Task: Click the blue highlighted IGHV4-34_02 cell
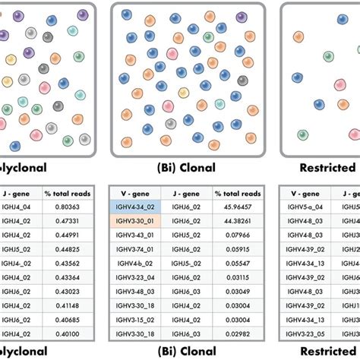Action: [x=134, y=207]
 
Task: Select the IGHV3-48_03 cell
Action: [x=134, y=291]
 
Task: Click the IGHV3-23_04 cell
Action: [x=134, y=276]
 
